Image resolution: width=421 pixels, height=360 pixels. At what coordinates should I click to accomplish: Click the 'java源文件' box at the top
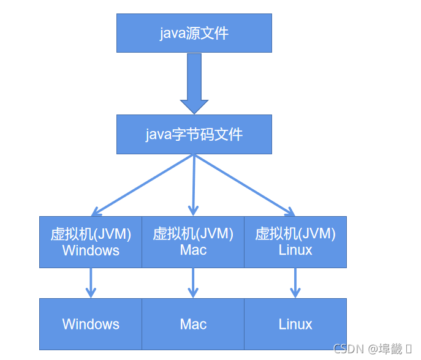click(x=194, y=33)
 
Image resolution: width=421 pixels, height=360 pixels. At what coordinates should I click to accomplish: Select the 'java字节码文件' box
click(x=194, y=134)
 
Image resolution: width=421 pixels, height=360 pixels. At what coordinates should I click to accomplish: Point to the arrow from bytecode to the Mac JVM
click(x=194, y=184)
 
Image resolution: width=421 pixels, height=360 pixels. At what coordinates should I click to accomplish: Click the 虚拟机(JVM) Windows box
click(x=91, y=242)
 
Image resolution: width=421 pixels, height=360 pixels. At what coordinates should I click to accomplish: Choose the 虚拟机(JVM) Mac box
click(x=193, y=242)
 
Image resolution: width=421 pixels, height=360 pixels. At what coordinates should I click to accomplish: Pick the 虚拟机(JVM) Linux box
click(x=295, y=242)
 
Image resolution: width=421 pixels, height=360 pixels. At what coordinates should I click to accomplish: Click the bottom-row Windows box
click(x=91, y=324)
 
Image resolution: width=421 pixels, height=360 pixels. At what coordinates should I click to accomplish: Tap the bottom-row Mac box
click(x=193, y=324)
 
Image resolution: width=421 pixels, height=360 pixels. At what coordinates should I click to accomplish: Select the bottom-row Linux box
click(x=295, y=324)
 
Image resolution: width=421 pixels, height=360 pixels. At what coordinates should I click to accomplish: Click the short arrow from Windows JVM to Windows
click(x=91, y=283)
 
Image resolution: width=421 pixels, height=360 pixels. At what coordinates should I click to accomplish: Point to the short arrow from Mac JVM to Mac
click(x=193, y=283)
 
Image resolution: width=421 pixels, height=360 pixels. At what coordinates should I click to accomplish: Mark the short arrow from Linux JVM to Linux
click(x=295, y=283)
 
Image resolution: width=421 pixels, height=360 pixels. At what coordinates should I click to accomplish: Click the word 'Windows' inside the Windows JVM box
click(x=91, y=250)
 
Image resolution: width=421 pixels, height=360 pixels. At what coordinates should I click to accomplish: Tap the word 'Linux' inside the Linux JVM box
click(x=295, y=250)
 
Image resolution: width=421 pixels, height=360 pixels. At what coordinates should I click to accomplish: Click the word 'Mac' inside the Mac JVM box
click(x=193, y=250)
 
